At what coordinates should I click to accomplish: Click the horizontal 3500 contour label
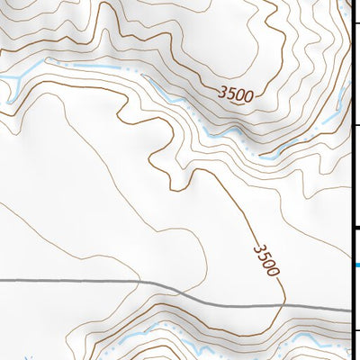pyautogui.click(x=236, y=93)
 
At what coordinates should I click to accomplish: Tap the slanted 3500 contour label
pyautogui.click(x=267, y=258)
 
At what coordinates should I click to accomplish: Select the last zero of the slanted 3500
pyautogui.click(x=274, y=270)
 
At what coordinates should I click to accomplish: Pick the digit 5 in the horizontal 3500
pyautogui.click(x=231, y=92)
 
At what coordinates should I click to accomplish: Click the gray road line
pyautogui.click(x=90, y=282)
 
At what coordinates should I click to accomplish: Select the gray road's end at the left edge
pyautogui.click(x=2, y=281)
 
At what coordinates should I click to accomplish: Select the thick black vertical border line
pyautogui.click(x=350, y=180)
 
